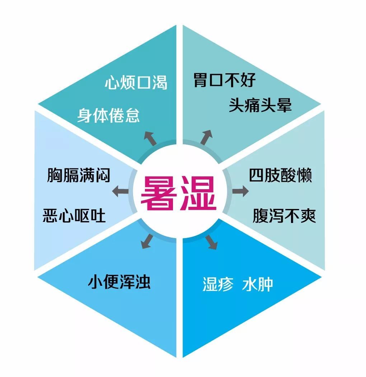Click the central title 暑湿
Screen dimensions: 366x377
tap(179, 193)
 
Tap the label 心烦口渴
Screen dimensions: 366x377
tap(136, 83)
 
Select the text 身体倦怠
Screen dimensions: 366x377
tap(108, 116)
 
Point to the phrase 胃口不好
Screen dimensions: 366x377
tap(225, 80)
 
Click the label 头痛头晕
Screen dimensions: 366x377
tap(260, 105)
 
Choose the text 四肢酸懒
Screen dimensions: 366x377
tap(281, 175)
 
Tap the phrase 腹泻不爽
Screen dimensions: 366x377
tap(284, 215)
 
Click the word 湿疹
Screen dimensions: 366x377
tap(218, 284)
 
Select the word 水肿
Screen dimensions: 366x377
tap(258, 284)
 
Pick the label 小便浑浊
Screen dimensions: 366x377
tap(119, 282)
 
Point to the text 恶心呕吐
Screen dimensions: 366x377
tap(74, 215)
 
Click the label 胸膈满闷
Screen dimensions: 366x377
tap(79, 175)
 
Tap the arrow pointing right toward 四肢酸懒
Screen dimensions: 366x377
tap(240, 191)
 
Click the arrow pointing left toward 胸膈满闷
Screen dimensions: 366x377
tap(121, 191)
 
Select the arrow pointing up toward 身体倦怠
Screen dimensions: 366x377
tap(150, 138)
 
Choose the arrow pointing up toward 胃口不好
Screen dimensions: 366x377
tap(207, 137)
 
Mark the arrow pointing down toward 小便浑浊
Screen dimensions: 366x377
tap(147, 241)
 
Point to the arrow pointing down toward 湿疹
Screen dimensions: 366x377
tap(211, 242)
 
